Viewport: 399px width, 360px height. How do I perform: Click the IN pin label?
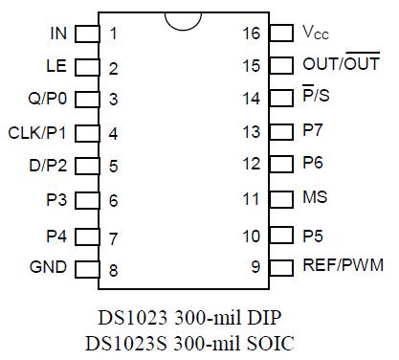click(58, 34)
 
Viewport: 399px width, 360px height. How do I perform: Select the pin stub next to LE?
click(87, 67)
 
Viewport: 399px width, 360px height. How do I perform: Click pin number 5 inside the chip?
click(113, 167)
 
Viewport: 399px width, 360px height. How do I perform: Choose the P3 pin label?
click(57, 200)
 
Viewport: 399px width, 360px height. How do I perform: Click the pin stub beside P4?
click(87, 234)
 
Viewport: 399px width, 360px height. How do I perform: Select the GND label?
click(49, 267)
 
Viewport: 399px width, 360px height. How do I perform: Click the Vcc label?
click(316, 34)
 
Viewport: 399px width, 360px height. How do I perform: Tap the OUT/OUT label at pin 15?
click(340, 65)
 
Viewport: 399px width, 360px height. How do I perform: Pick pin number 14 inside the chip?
click(252, 100)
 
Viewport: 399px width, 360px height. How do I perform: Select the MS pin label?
click(315, 198)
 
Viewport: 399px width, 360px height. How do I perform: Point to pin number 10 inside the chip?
click(252, 234)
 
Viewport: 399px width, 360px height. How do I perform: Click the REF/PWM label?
click(340, 265)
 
